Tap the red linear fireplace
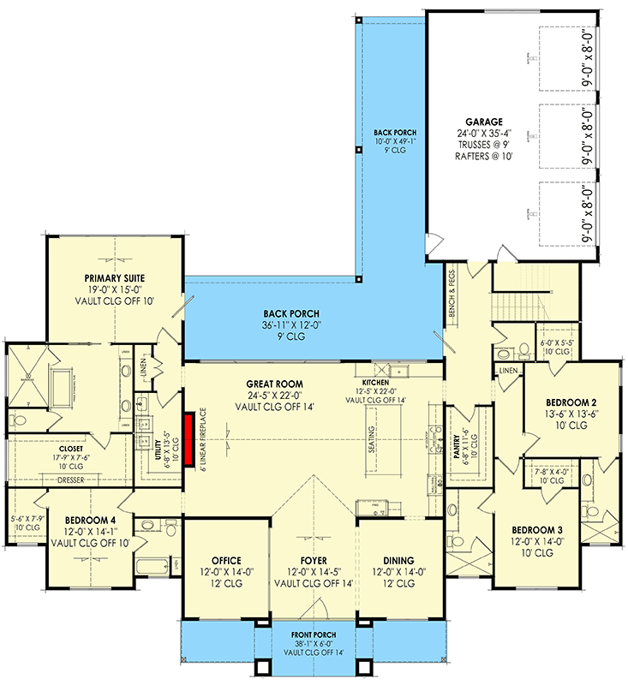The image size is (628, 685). click(186, 438)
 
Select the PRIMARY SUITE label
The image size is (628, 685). click(114, 278)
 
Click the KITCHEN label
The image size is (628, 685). click(375, 382)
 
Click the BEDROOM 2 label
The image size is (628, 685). click(571, 402)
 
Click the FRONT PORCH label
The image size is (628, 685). click(312, 634)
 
